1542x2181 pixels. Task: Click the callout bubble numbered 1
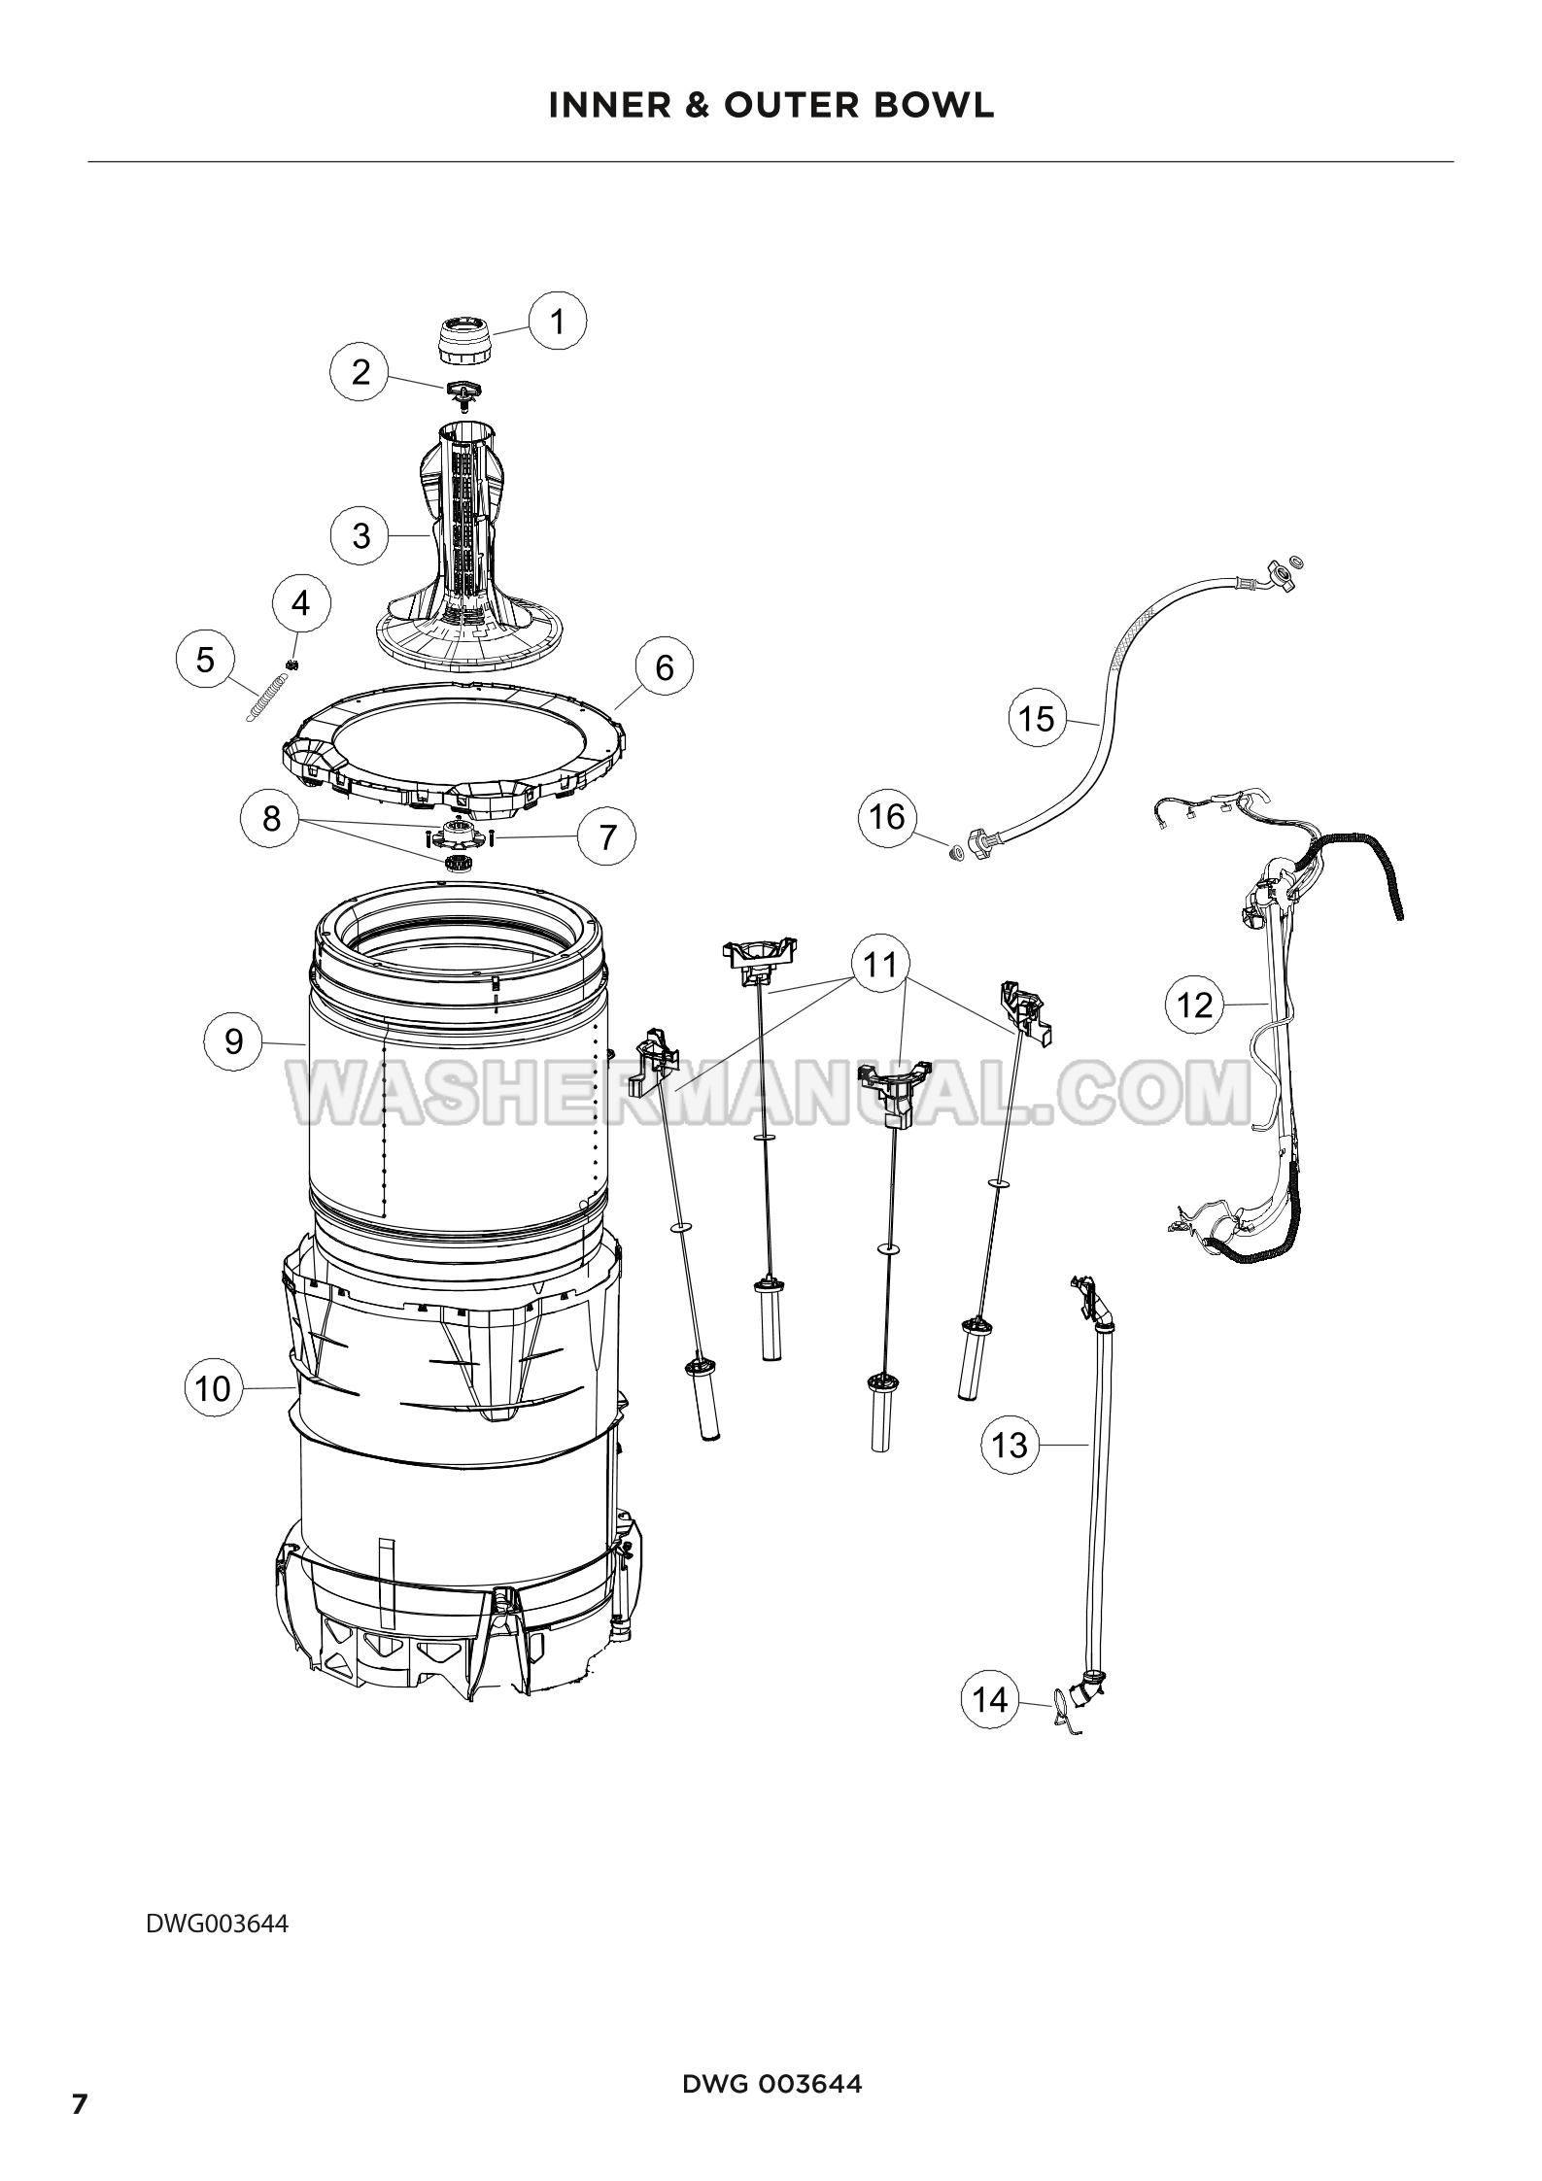point(558,321)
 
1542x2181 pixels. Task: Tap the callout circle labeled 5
point(205,660)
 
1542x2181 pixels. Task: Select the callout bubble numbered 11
point(880,965)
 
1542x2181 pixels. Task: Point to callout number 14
point(990,1700)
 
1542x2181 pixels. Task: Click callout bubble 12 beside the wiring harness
point(1195,1004)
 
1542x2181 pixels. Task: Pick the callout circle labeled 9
point(234,1041)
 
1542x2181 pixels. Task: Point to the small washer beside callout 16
point(956,853)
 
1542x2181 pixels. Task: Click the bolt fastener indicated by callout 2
point(463,393)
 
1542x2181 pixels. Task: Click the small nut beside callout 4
point(291,664)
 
